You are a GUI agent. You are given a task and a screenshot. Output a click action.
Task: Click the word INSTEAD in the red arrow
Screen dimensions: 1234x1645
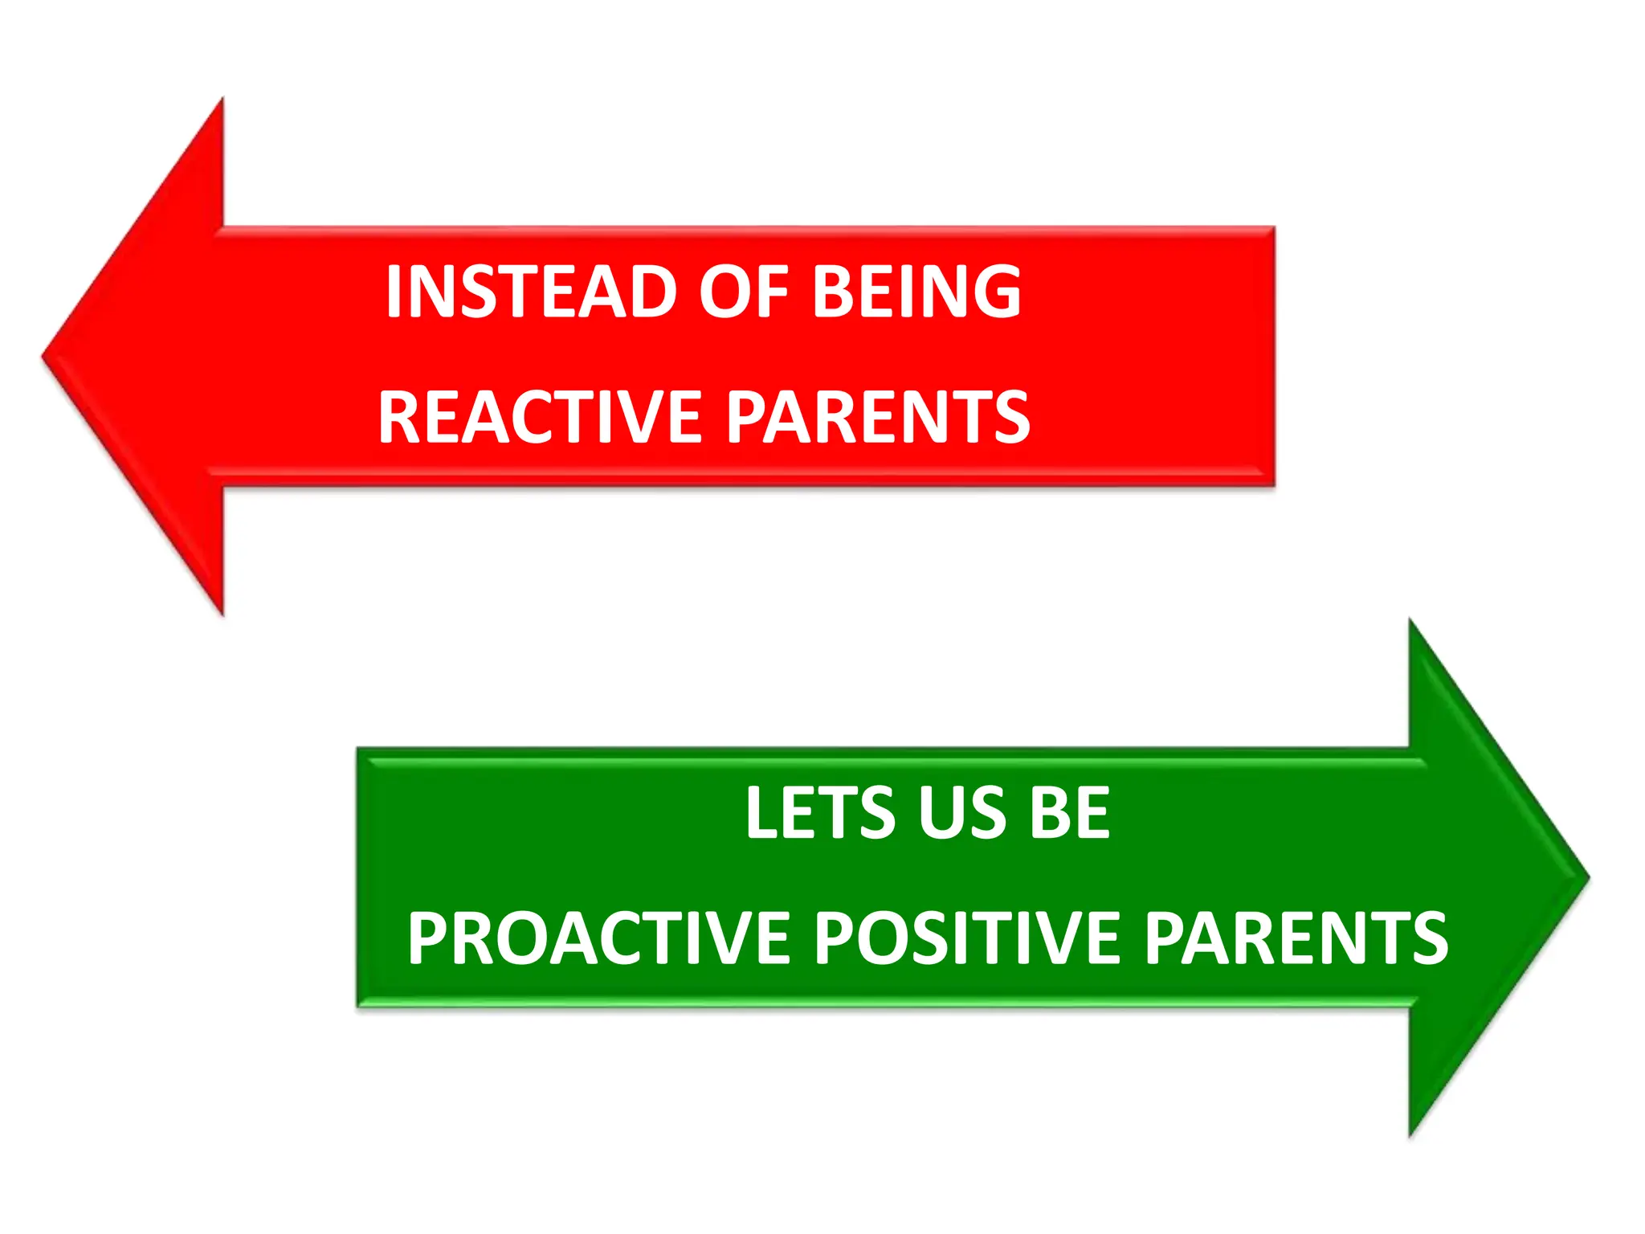[529, 292]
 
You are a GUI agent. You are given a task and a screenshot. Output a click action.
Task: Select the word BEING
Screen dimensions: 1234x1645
[917, 292]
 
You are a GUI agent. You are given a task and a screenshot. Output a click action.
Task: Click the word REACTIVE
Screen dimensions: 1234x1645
[541, 417]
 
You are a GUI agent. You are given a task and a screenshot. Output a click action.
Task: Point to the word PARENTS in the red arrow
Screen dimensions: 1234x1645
[879, 417]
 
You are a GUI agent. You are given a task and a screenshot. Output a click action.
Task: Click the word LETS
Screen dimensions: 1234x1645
[820, 813]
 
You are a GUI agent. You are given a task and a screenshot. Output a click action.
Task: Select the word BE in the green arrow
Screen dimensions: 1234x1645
[1070, 813]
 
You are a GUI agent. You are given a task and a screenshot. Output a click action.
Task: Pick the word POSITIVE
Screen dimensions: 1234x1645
[967, 938]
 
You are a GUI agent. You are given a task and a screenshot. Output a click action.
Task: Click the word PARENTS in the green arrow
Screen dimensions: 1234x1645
[1296, 938]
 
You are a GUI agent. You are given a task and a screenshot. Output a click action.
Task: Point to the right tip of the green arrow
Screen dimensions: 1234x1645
[1587, 877]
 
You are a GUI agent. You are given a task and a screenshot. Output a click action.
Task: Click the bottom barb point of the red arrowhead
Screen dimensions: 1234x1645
[222, 614]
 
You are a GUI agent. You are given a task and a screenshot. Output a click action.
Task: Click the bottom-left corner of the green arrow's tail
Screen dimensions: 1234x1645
[359, 1004]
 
